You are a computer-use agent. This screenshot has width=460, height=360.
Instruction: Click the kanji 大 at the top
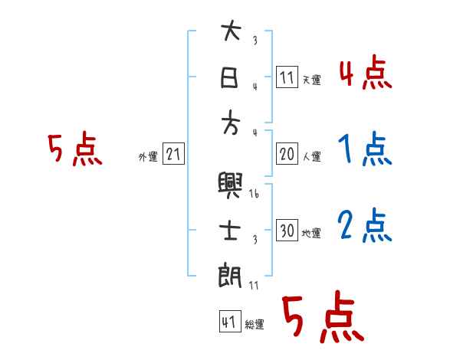[x=231, y=32]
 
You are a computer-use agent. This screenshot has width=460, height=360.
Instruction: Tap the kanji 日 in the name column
[x=231, y=77]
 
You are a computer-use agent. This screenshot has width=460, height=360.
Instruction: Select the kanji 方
[x=231, y=120]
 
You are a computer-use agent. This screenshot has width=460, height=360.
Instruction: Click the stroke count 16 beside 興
[x=255, y=195]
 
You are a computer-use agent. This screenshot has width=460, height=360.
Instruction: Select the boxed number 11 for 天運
[x=287, y=77]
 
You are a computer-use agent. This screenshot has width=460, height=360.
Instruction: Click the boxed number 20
[x=287, y=154]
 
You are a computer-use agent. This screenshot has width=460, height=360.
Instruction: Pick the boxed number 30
[x=287, y=231]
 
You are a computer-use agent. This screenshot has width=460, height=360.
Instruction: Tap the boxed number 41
[x=228, y=322]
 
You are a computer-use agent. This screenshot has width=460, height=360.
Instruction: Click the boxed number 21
[x=173, y=154]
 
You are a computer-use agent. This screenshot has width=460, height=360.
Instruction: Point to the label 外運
[x=147, y=156]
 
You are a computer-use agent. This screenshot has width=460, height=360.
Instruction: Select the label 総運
[x=254, y=325]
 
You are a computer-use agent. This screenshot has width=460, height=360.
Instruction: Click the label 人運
[x=312, y=157]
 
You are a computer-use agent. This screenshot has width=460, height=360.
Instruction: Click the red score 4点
[x=365, y=74]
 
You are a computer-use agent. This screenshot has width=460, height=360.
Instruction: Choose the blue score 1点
[x=364, y=150]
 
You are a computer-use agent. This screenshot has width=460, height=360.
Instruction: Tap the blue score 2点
[x=364, y=225]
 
